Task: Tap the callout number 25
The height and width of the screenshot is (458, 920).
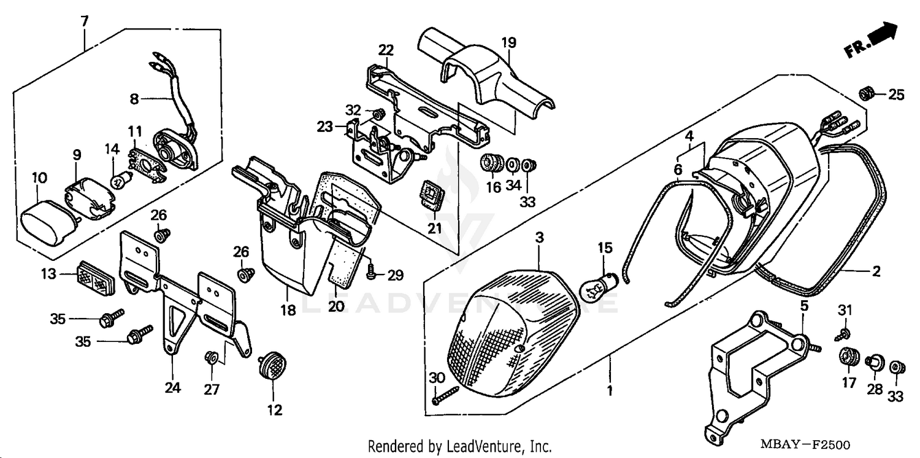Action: (896, 95)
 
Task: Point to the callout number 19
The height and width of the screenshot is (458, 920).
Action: (509, 42)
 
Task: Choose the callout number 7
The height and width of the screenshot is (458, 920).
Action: (84, 21)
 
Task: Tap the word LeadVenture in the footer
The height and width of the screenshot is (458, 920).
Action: (480, 446)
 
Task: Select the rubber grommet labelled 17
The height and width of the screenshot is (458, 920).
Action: (849, 357)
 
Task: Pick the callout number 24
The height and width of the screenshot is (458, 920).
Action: (172, 388)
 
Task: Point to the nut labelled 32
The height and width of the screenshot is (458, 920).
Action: (378, 113)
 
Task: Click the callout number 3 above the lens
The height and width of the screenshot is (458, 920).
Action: (539, 237)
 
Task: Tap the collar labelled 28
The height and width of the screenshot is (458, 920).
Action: (874, 365)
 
